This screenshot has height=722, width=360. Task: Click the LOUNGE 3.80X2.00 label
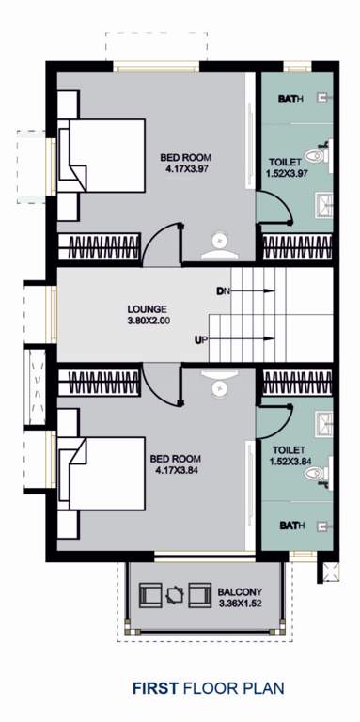(147, 313)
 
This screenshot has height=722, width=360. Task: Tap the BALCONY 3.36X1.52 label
(242, 597)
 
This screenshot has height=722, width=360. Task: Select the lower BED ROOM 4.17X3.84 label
(175, 464)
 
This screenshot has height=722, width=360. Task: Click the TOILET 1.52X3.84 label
(284, 455)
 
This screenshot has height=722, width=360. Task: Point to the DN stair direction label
(222, 291)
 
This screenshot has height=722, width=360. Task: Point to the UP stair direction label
(200, 339)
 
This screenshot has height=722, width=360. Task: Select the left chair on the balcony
(150, 594)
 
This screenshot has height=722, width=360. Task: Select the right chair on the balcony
(198, 594)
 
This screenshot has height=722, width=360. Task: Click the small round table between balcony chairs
(175, 594)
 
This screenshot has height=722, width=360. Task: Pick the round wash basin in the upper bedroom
(220, 242)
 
